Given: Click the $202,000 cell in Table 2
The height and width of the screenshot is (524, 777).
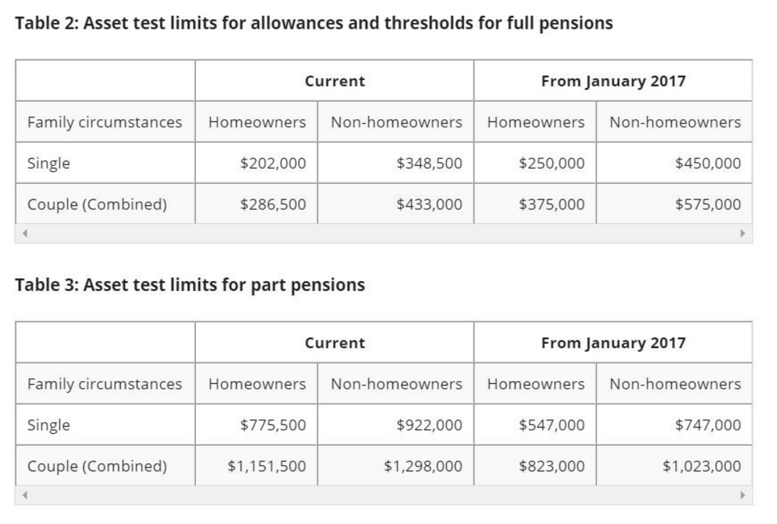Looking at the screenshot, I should tap(273, 163).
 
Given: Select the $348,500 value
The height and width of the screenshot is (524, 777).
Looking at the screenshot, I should tap(429, 163).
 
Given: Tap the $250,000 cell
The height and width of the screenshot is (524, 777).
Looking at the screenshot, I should tap(551, 163).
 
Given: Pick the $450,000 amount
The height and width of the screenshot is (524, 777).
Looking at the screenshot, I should tap(708, 163).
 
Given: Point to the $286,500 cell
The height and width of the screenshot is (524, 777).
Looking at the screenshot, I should tap(273, 204).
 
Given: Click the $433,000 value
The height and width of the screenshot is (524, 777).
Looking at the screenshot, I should tap(429, 204).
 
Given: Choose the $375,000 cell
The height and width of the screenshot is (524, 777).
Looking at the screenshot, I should tap(551, 204).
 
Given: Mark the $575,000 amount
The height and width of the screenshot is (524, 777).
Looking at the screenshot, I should tap(708, 204).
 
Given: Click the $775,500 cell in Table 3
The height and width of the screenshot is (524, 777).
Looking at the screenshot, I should tap(273, 425).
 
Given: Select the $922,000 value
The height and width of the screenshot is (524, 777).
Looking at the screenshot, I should tap(429, 425).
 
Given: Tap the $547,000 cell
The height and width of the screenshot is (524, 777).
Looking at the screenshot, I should tap(551, 425).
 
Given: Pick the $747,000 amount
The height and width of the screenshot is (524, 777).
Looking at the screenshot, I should tap(708, 425).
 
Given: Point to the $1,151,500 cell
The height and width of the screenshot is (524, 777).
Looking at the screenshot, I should tap(267, 466).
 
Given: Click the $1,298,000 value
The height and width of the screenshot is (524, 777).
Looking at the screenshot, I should tap(422, 466).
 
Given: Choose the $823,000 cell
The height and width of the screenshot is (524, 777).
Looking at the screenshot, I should tap(551, 466).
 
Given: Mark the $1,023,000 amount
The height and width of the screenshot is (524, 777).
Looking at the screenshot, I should tap(701, 466).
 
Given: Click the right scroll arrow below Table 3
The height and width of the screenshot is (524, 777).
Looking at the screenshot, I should tap(743, 495).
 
